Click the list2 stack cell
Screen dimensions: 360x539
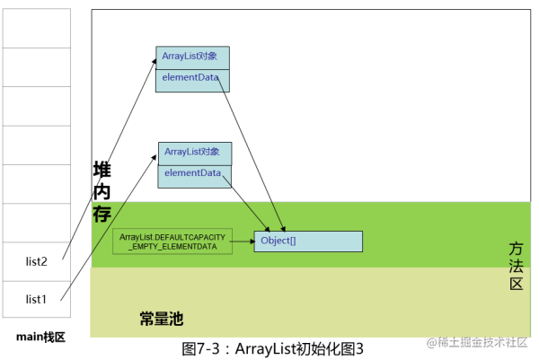[x=36, y=261]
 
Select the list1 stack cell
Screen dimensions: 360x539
[x=36, y=298]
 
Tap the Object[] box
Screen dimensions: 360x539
[x=307, y=241]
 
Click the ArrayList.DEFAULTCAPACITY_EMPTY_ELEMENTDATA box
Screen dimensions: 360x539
[x=171, y=241]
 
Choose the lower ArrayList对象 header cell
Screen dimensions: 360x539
[x=194, y=152]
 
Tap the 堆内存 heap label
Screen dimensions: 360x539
[x=102, y=192]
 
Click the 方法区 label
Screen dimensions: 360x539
[x=516, y=266]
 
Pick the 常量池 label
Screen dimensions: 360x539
[x=162, y=318]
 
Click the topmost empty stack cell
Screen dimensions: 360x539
[x=36, y=28]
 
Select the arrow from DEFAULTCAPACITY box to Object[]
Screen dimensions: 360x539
[x=242, y=241]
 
